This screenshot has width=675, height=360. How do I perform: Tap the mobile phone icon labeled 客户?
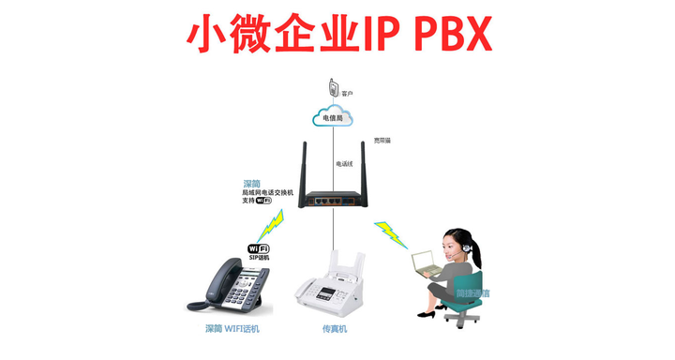(334, 87)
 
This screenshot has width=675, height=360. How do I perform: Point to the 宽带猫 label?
(382, 140)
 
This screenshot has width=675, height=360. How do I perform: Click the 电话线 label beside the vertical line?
(344, 164)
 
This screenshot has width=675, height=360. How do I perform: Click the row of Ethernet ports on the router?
(327, 200)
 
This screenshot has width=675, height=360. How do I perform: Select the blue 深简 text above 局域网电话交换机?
(251, 184)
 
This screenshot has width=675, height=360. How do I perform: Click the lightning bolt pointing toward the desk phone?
(271, 226)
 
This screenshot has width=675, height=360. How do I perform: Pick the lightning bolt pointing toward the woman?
(391, 233)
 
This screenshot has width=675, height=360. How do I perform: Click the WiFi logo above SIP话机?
(258, 248)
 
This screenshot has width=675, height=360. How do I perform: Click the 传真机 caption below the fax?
(335, 329)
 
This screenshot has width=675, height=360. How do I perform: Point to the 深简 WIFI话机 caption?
(232, 329)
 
